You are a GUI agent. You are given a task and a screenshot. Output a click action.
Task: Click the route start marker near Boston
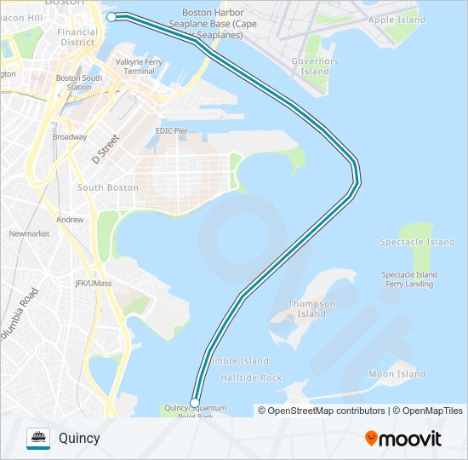coord(111,16)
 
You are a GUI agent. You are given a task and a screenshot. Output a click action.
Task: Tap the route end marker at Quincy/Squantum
coord(195,402)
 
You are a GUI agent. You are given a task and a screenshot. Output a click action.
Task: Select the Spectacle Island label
coord(417,242)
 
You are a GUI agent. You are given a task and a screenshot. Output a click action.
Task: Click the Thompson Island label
coord(311,308)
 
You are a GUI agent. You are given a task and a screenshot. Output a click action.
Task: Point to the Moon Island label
coord(397,374)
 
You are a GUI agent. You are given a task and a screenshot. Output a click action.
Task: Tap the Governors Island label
coord(315,66)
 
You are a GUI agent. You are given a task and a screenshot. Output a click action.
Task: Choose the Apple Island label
coord(397,20)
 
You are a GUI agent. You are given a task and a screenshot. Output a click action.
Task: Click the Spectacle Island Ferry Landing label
coord(409,279)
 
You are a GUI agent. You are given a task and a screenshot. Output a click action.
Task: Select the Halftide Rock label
coord(251,377)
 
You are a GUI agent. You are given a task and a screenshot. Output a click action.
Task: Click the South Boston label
coord(107,187)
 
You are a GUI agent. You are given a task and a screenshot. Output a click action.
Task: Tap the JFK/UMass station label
coord(93,283)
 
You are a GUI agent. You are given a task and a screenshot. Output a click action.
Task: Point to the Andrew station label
coord(70,220)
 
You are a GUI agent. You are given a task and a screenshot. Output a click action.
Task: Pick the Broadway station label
coord(69,136)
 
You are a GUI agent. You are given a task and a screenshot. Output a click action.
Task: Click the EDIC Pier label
coord(171,130)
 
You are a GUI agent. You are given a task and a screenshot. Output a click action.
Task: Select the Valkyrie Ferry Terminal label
coord(140,66)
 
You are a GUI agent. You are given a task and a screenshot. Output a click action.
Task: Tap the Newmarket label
coord(29,233)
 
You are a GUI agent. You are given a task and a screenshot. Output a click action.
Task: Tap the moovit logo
coord(403,439)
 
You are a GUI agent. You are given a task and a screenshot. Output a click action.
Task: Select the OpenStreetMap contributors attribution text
coord(321,411)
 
